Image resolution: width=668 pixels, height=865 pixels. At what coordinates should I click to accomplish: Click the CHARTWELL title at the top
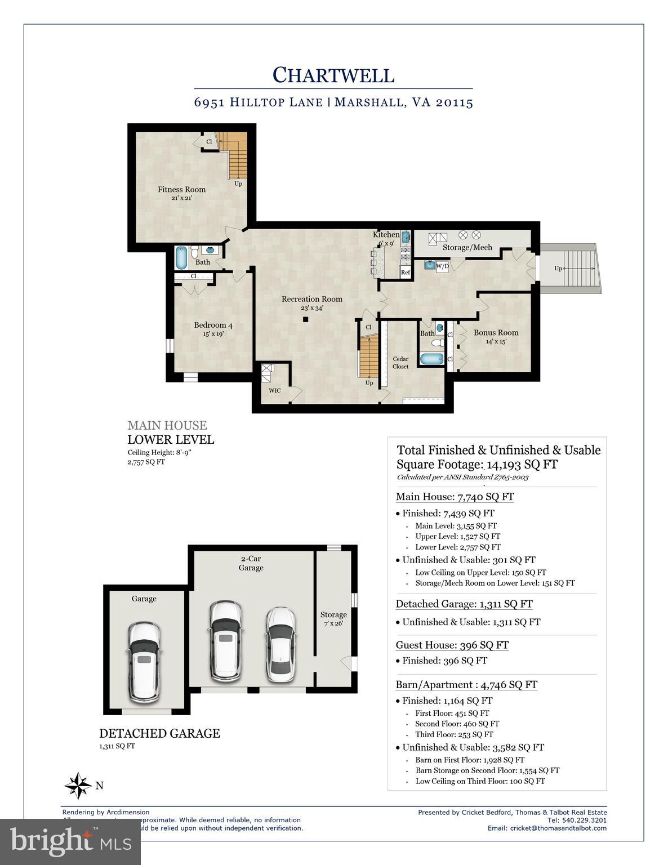coord(333,75)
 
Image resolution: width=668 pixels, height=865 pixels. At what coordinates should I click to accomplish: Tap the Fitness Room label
coord(181,190)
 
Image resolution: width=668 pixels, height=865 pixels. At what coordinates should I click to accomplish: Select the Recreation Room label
coord(312,299)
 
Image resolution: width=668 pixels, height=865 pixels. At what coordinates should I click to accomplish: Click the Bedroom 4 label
coord(213,325)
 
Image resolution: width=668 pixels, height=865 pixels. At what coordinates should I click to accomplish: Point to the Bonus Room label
coord(496,332)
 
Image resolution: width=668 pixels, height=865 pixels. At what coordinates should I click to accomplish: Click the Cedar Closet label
coord(400,363)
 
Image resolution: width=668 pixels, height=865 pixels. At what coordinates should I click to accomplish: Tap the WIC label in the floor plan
coord(274,390)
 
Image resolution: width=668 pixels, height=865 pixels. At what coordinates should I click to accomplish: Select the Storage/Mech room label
coord(467,247)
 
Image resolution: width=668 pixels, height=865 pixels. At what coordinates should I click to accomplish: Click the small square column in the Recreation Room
coord(305,319)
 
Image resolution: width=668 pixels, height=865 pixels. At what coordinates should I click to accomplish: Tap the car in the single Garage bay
coord(145,661)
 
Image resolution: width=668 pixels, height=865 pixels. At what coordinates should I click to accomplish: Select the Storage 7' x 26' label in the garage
coord(333,619)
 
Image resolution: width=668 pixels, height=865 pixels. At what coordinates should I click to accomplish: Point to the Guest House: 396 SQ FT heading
coord(452,645)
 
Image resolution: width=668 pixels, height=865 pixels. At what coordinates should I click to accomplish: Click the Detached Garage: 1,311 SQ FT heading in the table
coord(464,604)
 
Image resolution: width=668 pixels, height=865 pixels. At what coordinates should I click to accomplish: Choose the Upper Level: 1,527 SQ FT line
coord(457,536)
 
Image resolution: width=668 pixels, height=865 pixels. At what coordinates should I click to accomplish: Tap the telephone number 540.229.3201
coord(584,820)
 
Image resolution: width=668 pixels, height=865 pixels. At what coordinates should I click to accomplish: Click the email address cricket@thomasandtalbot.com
coord(558,828)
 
